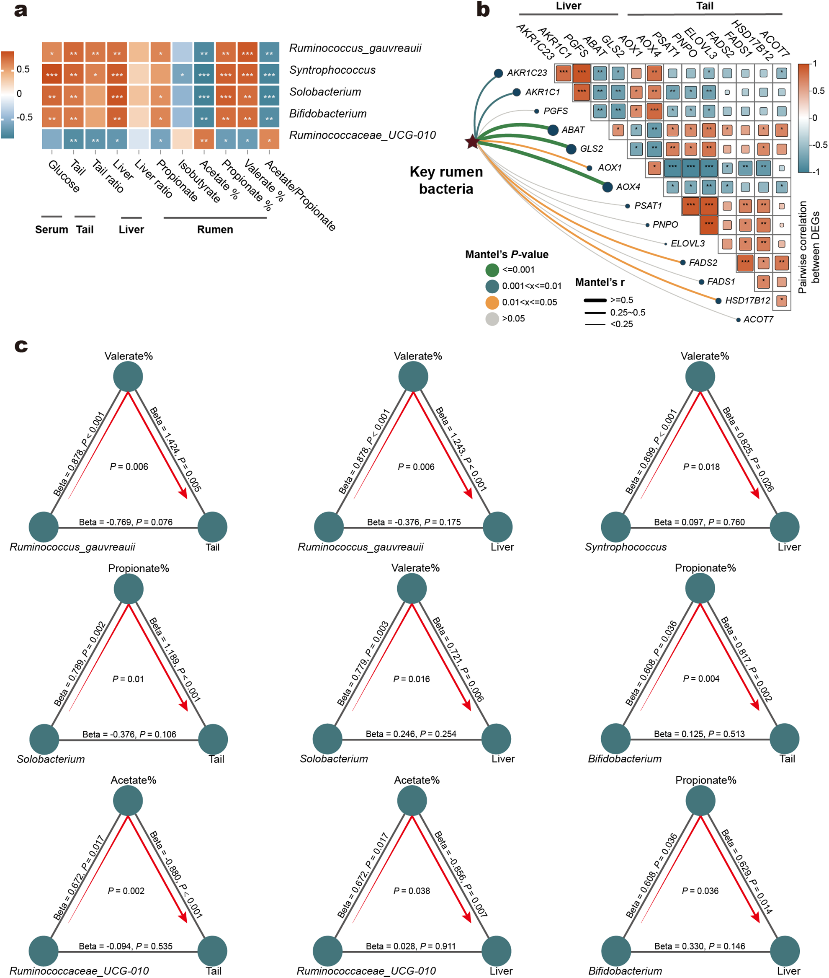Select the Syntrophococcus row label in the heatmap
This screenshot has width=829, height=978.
tap(332, 70)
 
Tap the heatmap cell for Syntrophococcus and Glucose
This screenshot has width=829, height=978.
tap(51, 75)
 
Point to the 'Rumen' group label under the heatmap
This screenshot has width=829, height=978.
tap(215, 230)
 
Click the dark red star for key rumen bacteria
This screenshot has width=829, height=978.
tap(472, 141)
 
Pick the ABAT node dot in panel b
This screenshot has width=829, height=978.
tap(553, 130)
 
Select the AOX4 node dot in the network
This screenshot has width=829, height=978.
tap(607, 187)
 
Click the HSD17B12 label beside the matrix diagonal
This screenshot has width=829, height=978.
tap(747, 300)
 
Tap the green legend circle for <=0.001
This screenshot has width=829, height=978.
tap(492, 270)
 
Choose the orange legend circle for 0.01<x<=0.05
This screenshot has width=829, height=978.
tap(492, 303)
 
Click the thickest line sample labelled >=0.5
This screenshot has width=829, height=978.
tap(595, 300)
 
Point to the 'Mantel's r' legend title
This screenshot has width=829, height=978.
tap(600, 282)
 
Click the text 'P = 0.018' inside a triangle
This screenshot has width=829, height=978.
tap(701, 467)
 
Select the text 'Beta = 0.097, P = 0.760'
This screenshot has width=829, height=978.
tap(699, 522)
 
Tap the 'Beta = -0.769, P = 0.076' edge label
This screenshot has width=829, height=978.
tap(126, 522)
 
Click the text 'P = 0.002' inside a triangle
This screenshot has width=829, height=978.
tap(126, 890)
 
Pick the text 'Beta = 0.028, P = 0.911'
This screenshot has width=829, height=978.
tap(411, 946)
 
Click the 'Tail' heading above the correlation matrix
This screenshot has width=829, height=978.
tap(705, 6)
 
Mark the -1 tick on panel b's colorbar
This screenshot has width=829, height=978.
tap(816, 172)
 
